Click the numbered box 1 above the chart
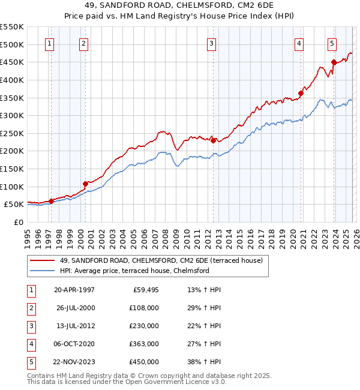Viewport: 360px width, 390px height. click(49, 43)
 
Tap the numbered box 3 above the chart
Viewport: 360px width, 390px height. click(212, 43)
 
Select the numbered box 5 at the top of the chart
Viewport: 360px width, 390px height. click(332, 43)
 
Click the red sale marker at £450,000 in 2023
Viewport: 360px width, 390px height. click(334, 62)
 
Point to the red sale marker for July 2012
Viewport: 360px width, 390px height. click(213, 140)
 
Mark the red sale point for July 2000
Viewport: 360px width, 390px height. click(85, 184)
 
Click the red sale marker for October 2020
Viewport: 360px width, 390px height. click(301, 93)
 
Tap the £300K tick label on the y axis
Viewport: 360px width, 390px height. click(12, 115)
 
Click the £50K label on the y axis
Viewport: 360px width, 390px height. click(14, 205)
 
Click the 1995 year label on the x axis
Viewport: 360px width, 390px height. click(28, 236)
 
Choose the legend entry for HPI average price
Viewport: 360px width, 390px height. click(134, 271)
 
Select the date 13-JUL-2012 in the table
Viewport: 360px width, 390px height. click(74, 326)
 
